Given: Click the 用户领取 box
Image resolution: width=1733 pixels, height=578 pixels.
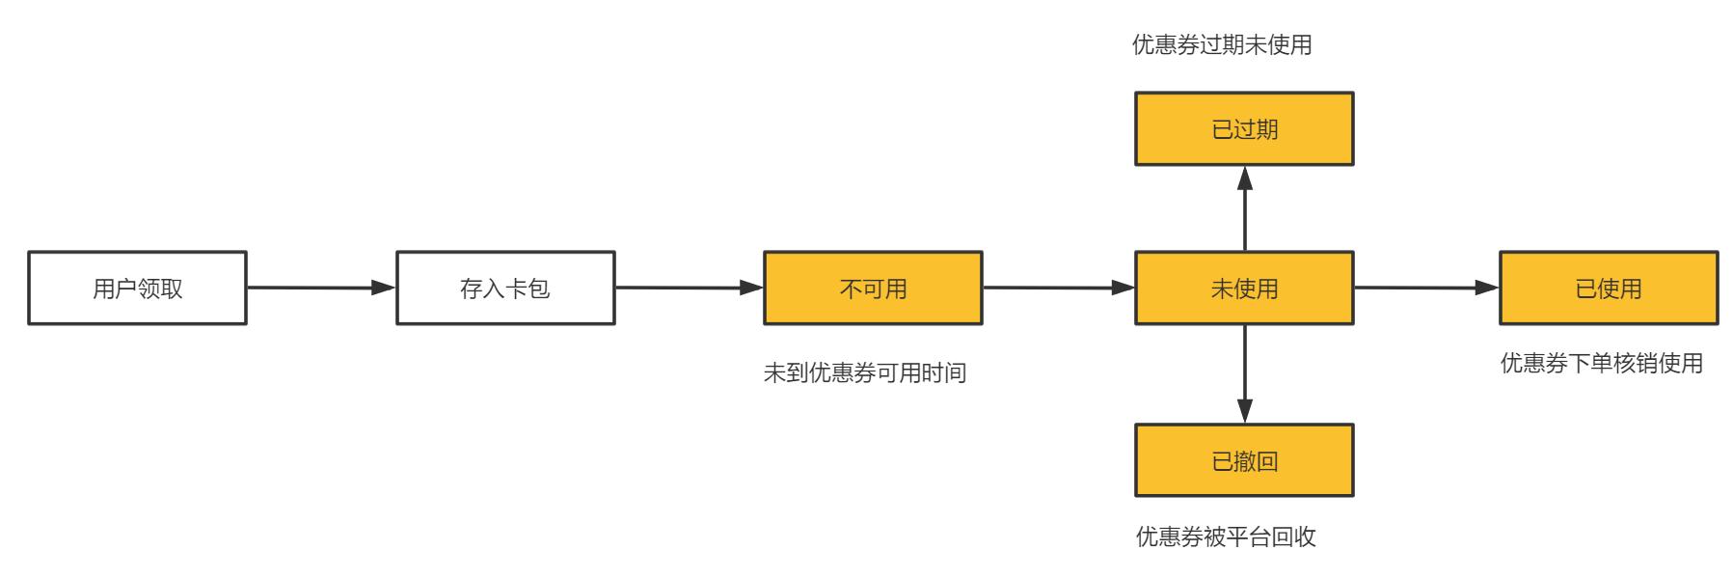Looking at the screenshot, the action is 137,288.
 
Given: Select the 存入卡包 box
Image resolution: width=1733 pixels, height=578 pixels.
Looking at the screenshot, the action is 505,288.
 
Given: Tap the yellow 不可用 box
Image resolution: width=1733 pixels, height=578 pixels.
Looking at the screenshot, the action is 873,288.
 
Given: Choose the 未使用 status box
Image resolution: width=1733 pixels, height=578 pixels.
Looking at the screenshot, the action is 1244,288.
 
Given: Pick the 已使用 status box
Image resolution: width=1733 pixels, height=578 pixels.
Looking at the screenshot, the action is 1609,288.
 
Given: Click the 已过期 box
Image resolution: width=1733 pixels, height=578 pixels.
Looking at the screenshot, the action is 1244,128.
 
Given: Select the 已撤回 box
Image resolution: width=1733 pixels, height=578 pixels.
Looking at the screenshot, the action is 1244,460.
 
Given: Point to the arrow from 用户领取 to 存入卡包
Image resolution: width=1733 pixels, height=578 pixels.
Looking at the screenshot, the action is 321,288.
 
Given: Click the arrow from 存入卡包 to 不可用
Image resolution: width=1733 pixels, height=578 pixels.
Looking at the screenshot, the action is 690,288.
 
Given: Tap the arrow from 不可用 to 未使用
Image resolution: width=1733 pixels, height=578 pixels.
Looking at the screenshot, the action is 1059,288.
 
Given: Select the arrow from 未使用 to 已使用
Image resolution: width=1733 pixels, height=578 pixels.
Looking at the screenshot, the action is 1426,288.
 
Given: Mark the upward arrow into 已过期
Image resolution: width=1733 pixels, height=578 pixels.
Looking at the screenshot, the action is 1245,208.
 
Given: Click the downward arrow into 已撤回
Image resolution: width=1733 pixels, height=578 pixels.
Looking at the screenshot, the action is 1245,373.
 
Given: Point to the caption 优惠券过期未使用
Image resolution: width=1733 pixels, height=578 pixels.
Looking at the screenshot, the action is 1222,45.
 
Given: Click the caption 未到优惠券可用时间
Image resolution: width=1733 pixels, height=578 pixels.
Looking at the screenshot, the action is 865,373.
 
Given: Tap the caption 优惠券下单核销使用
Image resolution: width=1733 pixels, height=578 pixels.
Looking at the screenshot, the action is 1602,364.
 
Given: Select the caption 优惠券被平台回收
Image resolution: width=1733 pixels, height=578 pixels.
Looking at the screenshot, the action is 1226,537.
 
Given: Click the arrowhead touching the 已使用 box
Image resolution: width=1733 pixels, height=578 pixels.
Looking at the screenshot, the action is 1487,288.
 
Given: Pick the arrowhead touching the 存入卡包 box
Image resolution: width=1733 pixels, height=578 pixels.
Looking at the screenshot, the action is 384,288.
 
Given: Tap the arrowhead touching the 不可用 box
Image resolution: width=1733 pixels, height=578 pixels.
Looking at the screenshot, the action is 751,288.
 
